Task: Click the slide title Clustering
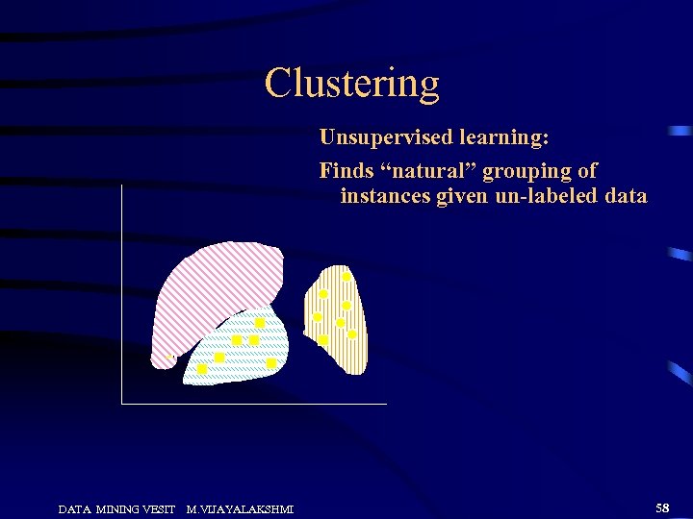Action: click(351, 84)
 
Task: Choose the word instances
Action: click(386, 196)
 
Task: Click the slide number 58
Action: click(662, 506)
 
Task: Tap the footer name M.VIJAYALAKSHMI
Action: click(240, 508)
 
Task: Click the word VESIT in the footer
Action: click(157, 508)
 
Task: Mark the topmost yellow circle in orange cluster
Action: click(346, 277)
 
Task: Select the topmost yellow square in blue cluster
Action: click(259, 323)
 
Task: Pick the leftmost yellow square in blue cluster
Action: click(202, 369)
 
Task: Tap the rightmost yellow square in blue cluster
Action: click(271, 363)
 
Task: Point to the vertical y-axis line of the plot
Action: click(122, 288)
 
